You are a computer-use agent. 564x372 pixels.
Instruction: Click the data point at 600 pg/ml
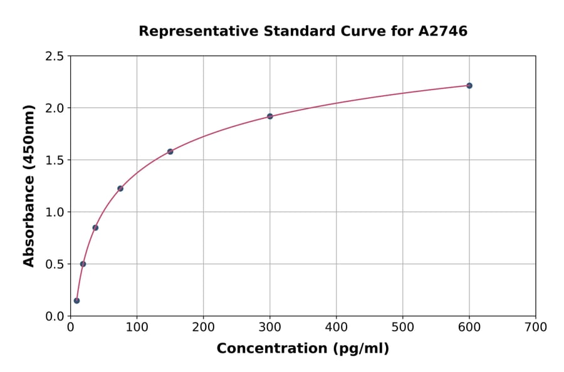469,86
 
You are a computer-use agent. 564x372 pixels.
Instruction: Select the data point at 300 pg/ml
270,116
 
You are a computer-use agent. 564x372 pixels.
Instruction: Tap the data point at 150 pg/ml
170,152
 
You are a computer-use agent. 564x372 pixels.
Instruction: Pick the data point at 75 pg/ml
120,189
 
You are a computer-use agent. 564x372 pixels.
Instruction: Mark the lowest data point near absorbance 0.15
76,301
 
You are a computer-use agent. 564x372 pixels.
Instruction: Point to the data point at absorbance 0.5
83,264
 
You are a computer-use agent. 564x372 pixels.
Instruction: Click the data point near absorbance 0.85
95,227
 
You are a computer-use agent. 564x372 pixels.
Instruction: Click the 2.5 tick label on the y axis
55,56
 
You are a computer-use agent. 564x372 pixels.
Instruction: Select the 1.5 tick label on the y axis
55,160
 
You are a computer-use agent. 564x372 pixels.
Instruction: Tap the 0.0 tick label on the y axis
55,316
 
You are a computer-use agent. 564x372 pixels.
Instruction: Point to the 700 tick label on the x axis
536,327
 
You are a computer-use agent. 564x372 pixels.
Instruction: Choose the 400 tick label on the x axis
337,327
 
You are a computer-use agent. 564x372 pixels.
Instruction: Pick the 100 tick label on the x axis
137,327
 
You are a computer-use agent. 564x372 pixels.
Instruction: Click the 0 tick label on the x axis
70,327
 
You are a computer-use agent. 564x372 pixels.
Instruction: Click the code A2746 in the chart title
443,31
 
